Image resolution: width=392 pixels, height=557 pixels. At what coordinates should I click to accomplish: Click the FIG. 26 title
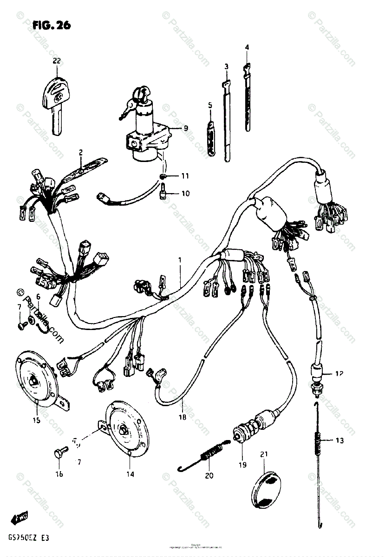[x=52, y=26]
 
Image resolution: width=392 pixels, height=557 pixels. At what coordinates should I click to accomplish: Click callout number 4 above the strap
[x=247, y=47]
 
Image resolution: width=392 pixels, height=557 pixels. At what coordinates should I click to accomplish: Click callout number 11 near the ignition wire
[x=185, y=176]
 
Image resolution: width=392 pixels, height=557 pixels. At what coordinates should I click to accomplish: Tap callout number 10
[x=185, y=194]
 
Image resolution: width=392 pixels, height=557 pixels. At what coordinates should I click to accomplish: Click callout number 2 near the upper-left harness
[x=80, y=152]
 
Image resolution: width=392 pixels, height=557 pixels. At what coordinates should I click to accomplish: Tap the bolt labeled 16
[x=60, y=450]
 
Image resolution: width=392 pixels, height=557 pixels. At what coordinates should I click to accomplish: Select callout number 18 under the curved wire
[x=182, y=417]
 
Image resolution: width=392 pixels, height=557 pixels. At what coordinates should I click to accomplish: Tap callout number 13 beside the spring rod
[x=340, y=440]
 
